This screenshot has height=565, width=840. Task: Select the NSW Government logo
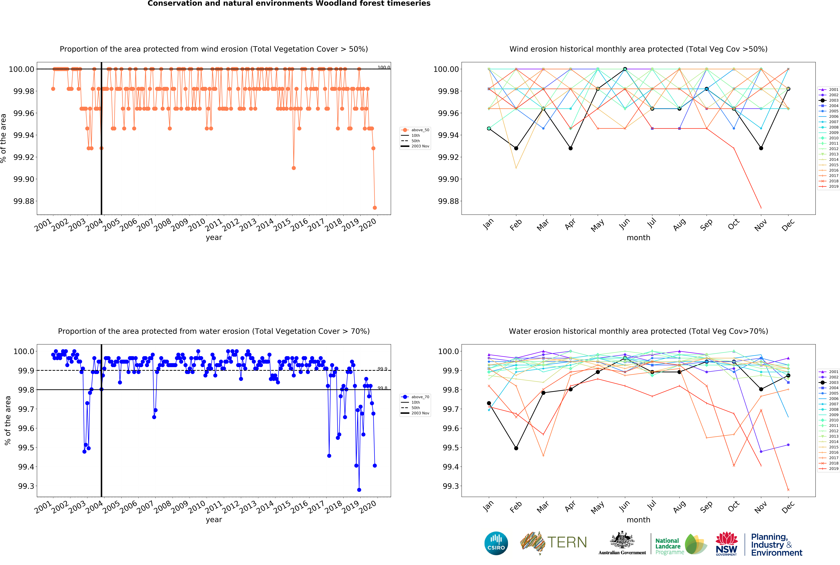click(x=726, y=543)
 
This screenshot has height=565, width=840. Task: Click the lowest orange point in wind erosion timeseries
click(x=375, y=208)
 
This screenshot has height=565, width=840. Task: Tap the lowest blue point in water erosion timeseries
click(x=359, y=490)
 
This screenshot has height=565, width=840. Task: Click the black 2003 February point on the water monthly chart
click(x=516, y=448)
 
